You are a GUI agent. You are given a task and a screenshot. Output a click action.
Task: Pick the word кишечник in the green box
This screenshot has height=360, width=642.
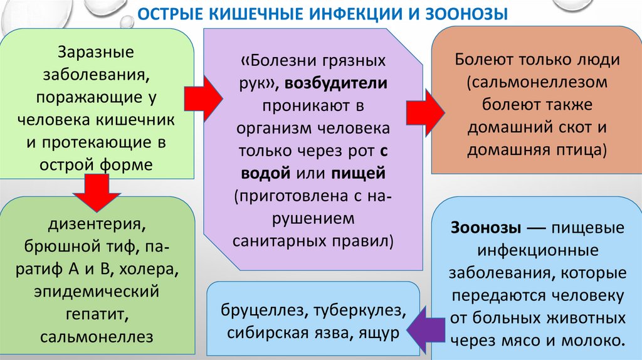coord(138,120)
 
